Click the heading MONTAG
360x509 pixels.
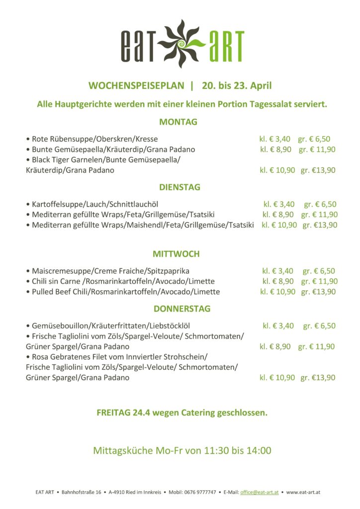(179, 122)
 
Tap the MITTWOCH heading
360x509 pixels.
(176, 254)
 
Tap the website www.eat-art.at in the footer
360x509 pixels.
(303, 492)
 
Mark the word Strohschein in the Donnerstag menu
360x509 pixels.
(186, 357)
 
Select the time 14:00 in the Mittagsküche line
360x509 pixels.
(260, 451)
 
